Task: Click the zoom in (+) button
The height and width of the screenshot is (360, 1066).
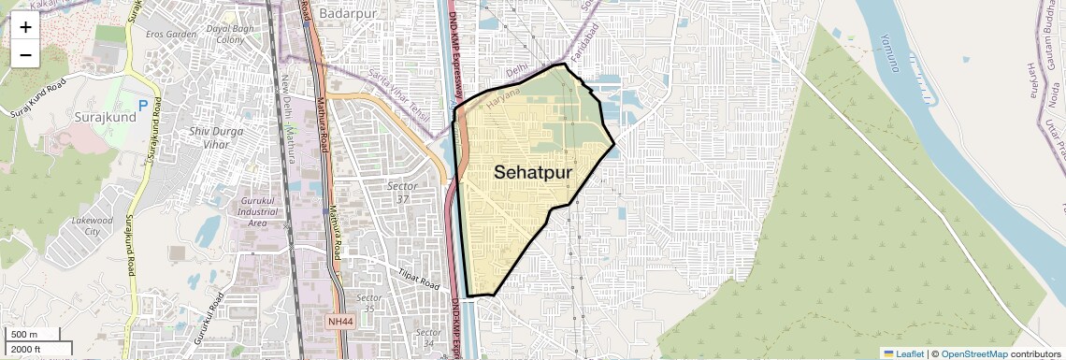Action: [x=25, y=27]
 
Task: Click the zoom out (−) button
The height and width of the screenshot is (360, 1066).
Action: [x=25, y=55]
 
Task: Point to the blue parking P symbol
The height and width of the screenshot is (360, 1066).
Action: [x=143, y=107]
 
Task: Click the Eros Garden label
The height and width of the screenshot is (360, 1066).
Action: [x=171, y=35]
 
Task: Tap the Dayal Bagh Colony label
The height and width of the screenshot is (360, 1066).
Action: [x=230, y=35]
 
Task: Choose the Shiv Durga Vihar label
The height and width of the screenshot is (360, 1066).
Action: [x=223, y=139]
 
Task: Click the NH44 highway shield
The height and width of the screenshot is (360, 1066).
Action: [x=340, y=322]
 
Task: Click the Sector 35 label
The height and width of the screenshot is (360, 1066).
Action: [x=370, y=303]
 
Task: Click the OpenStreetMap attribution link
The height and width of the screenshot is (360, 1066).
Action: [x=974, y=353]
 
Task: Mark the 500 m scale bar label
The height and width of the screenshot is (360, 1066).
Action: [x=24, y=335]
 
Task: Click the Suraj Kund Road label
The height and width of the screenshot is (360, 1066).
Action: [x=39, y=99]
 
